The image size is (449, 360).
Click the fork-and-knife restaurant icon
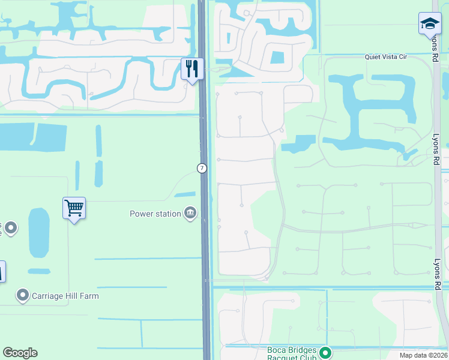coord(192,68)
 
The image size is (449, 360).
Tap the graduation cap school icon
coord(430,23)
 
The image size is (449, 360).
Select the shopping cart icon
coord(74,208)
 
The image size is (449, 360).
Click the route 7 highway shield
coord(202,169)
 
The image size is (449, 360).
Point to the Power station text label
coord(155,213)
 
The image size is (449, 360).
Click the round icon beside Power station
coord(190,213)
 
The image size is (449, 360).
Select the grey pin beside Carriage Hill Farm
coord(23,295)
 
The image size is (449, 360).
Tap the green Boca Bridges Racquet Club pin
coord(325,353)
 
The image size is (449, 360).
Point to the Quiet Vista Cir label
coord(386,56)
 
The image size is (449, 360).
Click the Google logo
coord(20,353)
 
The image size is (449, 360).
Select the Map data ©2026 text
coord(423,355)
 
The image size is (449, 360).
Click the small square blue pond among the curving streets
coord(277,58)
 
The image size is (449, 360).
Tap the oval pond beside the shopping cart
coord(39,233)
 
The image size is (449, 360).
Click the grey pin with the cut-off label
coord(10,228)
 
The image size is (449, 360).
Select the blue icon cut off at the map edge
coord(2,271)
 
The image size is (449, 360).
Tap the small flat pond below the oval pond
coord(39,272)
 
